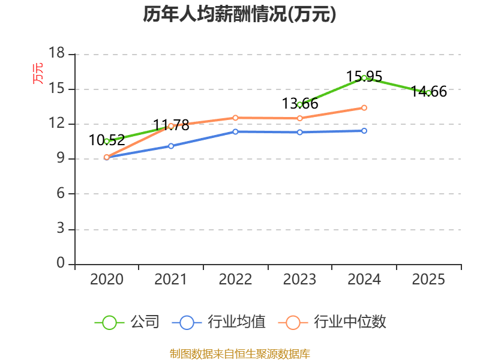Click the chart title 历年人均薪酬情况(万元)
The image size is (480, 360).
click(239, 14)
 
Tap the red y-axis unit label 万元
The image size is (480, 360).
click(38, 73)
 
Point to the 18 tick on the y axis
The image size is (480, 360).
click(57, 53)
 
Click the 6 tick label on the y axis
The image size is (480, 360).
click(61, 193)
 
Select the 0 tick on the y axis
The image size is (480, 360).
click(61, 263)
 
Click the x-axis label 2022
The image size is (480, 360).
click(235, 279)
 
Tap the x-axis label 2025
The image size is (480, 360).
click(428, 279)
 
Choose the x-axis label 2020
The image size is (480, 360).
click(107, 279)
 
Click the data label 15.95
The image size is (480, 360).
click(364, 76)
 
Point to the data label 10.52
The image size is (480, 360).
click(107, 140)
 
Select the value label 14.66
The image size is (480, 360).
click(428, 92)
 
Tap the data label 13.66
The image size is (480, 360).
click(299, 103)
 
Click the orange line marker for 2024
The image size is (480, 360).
click(364, 108)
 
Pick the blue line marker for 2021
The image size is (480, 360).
click(171, 146)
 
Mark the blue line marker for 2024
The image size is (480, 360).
click(364, 131)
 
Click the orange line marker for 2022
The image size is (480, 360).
click(235, 118)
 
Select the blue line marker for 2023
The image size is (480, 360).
click(299, 132)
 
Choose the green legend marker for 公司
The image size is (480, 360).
click(109, 323)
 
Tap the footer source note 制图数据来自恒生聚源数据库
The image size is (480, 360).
click(239, 354)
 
